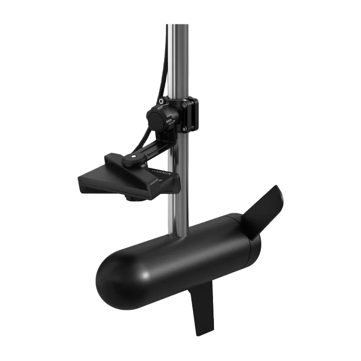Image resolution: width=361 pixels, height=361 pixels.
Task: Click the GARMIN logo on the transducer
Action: (x=158, y=172)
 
